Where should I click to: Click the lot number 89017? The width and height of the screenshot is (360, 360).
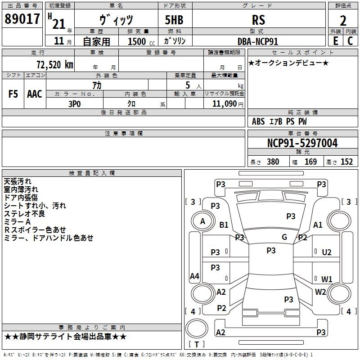click(x=22, y=18)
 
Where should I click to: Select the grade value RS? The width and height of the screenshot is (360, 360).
click(x=258, y=20)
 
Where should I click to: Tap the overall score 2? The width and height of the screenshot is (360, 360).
click(x=343, y=21)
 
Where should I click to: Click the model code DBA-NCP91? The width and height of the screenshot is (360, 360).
click(x=258, y=41)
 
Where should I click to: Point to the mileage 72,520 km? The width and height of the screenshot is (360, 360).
click(x=55, y=65)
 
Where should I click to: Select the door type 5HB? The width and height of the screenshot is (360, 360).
click(x=174, y=20)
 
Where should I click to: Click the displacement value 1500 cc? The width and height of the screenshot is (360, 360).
click(x=141, y=41)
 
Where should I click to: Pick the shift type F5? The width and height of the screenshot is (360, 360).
click(x=13, y=94)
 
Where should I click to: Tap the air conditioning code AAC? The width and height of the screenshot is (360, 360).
click(x=35, y=94)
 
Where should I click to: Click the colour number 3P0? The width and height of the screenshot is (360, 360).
click(x=75, y=104)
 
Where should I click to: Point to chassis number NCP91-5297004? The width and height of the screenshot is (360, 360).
click(x=302, y=143)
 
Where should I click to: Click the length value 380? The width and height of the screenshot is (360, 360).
click(x=273, y=162)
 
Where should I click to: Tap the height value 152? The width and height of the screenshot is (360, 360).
click(x=346, y=162)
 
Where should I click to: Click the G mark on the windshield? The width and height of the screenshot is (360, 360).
click(x=284, y=237)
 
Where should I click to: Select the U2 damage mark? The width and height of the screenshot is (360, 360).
click(x=327, y=252)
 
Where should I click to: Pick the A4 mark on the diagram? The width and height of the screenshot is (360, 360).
click(x=194, y=276)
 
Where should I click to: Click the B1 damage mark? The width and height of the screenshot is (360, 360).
click(x=224, y=225)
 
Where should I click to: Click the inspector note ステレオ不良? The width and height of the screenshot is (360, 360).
click(x=24, y=214)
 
